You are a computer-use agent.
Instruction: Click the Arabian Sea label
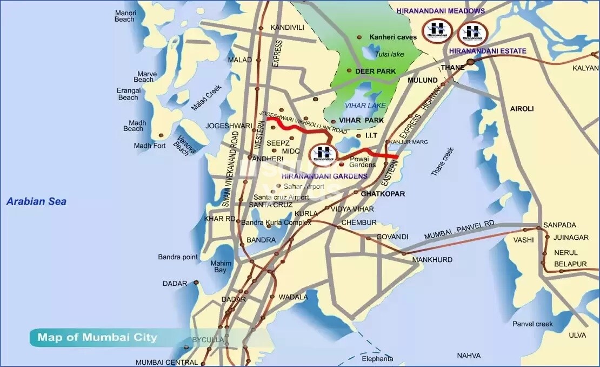coord(36,202)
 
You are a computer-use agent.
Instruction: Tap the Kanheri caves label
coord(393,37)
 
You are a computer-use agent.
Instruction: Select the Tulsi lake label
coord(390,54)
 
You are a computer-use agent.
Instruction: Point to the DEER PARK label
coord(375,71)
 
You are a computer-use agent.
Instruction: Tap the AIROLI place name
coord(522,109)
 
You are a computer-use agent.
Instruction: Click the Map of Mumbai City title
coord(97,338)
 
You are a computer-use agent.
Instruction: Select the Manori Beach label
coord(124,16)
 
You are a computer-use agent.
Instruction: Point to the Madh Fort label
coord(150,146)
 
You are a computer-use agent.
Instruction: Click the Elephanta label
coord(377,359)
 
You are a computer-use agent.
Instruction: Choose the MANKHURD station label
coord(432,260)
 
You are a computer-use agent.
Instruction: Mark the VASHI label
coord(523,240)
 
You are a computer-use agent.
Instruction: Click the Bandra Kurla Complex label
coord(276,222)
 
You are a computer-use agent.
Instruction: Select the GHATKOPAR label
coord(383,193)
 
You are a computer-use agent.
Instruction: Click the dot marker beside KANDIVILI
coord(261,28)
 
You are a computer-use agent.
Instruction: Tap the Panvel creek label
coord(533,324)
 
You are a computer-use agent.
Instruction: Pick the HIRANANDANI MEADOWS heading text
coord(440,11)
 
